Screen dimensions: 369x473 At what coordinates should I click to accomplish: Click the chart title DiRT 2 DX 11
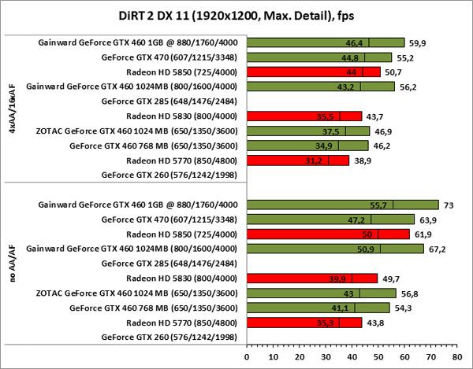click(236, 17)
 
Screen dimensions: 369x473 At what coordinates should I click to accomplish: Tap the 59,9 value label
click(418, 42)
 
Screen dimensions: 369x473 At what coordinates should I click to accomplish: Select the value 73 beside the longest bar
click(449, 205)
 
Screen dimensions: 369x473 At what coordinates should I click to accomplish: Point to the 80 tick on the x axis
click(455, 353)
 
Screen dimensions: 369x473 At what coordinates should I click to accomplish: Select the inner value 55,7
click(381, 205)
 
